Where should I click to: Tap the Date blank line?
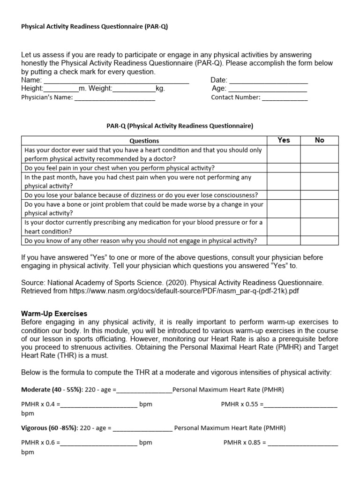pos(268,81)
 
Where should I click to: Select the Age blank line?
pos(268,89)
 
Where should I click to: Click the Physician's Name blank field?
pos(115,98)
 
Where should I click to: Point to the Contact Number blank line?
pos(285,98)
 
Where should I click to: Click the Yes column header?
pos(284,140)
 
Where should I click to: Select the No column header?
pos(320,140)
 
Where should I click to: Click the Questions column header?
pos(144,141)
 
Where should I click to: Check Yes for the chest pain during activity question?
pos(284,168)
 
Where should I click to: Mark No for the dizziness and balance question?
pos(320,195)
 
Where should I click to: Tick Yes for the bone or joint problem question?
pos(284,209)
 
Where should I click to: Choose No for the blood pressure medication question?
pos(320,227)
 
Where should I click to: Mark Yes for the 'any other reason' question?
pos(284,241)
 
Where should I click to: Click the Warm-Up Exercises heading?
pos(54,314)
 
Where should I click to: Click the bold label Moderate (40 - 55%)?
pos(49,390)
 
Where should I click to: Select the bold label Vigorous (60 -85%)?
pos(50,428)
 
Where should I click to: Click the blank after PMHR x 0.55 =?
pos(301,405)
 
